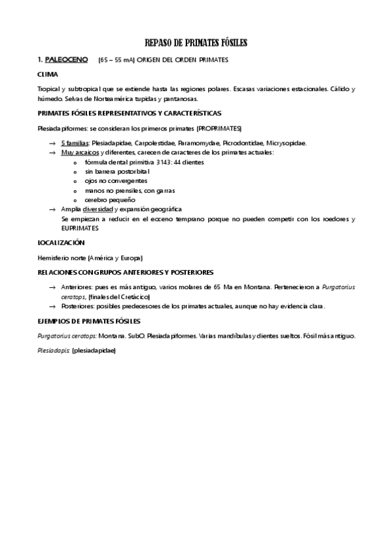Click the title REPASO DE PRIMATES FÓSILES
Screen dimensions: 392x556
click(x=196, y=43)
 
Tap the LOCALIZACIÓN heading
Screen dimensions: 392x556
click(x=62, y=242)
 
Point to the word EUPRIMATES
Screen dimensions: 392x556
click(x=79, y=228)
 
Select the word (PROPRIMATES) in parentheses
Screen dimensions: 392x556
click(x=219, y=128)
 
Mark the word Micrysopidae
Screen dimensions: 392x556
click(x=286, y=142)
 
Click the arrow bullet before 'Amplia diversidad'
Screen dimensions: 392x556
click(x=52, y=209)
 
